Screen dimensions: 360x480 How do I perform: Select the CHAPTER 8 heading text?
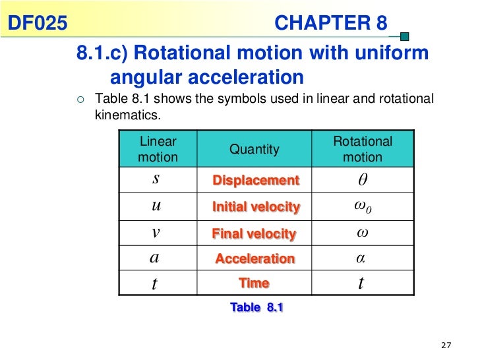click(x=330, y=24)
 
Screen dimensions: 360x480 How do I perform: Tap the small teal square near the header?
click(x=405, y=37)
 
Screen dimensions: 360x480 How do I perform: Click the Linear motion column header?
click(x=158, y=149)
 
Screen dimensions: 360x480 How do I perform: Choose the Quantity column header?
click(x=255, y=150)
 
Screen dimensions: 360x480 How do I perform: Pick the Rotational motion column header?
click(x=362, y=149)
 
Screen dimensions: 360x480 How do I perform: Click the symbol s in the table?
click(x=156, y=179)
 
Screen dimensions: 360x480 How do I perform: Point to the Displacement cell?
click(x=256, y=181)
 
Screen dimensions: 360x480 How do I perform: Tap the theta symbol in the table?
click(x=361, y=180)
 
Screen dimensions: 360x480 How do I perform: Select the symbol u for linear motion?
click(x=156, y=206)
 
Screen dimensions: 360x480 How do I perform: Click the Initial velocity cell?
click(x=256, y=207)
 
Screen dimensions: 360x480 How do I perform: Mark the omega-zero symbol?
click(x=362, y=207)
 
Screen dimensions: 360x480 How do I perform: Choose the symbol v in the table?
click(x=156, y=232)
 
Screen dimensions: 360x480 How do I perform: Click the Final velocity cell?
click(x=254, y=233)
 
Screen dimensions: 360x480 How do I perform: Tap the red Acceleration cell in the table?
click(x=255, y=259)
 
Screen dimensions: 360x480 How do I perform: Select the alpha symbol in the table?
click(x=361, y=258)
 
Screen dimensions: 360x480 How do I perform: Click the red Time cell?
click(x=254, y=284)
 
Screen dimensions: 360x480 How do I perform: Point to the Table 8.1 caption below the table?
click(x=256, y=307)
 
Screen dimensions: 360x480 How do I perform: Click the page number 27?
click(x=446, y=346)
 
